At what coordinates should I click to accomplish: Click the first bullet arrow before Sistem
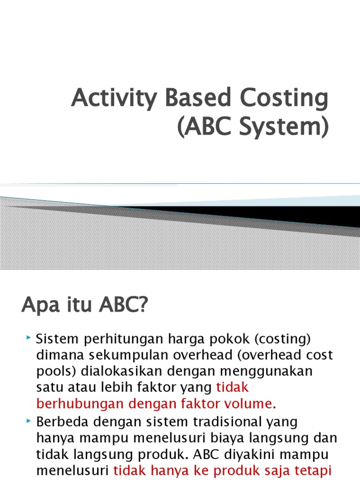[29, 337]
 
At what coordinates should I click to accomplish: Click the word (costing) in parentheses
[282, 338]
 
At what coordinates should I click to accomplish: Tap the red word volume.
[254, 404]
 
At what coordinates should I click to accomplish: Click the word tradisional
[207, 421]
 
